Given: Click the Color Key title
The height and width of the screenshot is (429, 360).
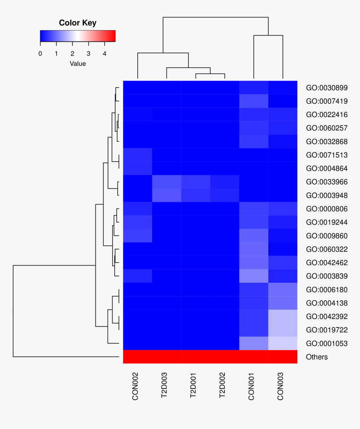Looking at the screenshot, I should tap(77, 23).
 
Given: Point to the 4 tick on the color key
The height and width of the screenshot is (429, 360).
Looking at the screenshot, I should tap(104, 53).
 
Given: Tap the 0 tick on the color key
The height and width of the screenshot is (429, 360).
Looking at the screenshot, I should tap(40, 53).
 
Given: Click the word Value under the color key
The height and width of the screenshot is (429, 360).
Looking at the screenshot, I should tap(77, 64).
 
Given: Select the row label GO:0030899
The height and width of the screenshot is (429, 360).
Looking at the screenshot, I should tap(327, 88).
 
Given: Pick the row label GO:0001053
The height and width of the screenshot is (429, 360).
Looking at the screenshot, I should tap(327, 343).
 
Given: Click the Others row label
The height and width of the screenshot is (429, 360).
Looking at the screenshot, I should tap(317, 357).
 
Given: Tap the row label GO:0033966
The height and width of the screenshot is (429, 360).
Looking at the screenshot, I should tap(327, 182).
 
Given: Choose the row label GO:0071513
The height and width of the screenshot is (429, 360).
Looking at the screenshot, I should tap(327, 155).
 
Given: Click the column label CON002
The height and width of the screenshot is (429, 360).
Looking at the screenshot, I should tap(135, 387).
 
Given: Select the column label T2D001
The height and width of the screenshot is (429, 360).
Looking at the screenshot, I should tap(193, 387).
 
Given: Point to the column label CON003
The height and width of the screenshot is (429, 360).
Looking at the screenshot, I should tap(280, 387).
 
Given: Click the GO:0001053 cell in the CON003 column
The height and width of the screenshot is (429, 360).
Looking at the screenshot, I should tap(283, 343).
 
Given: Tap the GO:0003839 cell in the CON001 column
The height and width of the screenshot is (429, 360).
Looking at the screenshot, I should tap(254, 276).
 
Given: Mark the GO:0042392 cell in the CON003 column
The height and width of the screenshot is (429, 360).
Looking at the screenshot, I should tap(283, 316).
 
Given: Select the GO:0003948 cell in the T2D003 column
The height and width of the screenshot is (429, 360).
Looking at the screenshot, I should tap(167, 195).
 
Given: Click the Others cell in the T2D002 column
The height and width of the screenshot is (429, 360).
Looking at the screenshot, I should tap(224, 357).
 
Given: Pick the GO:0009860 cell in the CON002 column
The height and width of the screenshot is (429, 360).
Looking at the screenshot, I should tap(137, 235).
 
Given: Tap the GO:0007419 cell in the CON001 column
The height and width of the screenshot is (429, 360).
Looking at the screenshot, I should tap(254, 101).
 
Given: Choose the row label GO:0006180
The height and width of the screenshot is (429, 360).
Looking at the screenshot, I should tap(327, 289).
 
